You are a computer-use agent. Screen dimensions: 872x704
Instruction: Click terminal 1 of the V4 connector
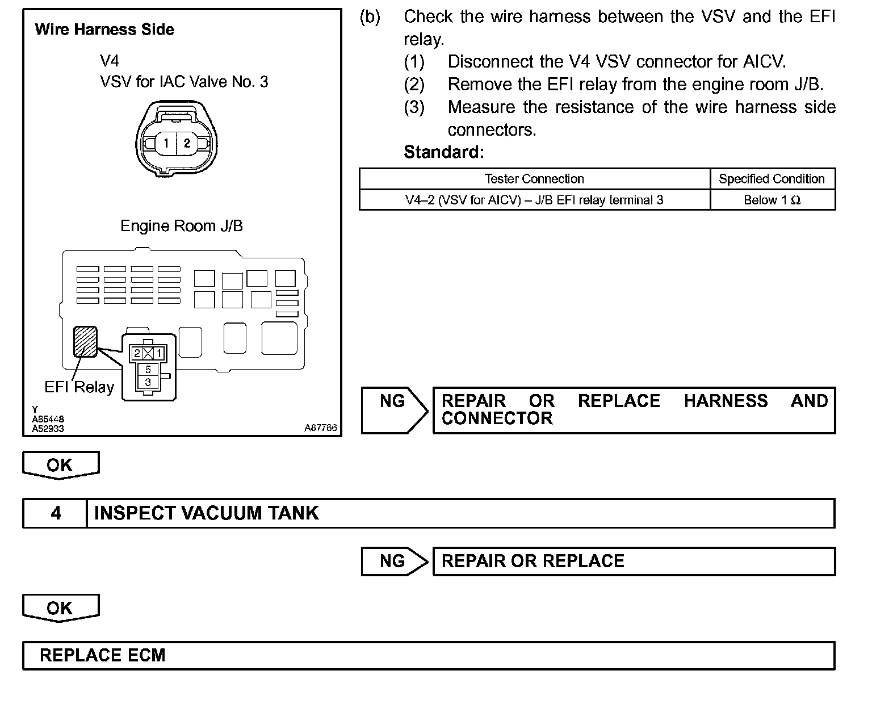(x=166, y=143)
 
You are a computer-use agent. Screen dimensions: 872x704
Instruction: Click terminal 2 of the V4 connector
(x=187, y=143)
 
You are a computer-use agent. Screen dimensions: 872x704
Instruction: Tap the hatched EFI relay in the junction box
(x=85, y=341)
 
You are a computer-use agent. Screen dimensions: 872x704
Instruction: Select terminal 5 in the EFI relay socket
(x=148, y=370)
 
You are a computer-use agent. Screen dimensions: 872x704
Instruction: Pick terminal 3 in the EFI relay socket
(x=148, y=382)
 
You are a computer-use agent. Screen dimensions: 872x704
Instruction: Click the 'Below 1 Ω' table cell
(x=772, y=200)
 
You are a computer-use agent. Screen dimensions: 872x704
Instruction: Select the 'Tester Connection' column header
(x=534, y=179)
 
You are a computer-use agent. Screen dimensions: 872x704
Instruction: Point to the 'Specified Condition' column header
(x=772, y=179)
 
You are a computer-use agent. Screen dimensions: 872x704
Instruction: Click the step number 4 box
(x=55, y=513)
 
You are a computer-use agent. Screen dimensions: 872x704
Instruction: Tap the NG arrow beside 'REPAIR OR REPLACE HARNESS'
(x=395, y=410)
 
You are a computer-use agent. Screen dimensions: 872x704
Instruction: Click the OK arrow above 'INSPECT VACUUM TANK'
(x=60, y=465)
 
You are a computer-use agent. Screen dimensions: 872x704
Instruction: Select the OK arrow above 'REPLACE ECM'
(x=60, y=608)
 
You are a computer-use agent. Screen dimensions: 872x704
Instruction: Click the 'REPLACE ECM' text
(x=103, y=655)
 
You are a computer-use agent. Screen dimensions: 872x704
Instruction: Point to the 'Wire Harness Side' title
(x=104, y=30)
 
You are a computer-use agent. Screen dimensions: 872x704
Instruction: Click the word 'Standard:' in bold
(x=443, y=152)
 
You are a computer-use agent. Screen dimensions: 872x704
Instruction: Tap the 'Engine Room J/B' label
(x=182, y=226)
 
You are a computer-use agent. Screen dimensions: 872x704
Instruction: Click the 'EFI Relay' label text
(x=79, y=387)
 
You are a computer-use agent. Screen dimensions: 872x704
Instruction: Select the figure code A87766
(x=321, y=428)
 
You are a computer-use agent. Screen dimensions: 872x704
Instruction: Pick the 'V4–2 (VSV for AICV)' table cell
(x=534, y=200)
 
